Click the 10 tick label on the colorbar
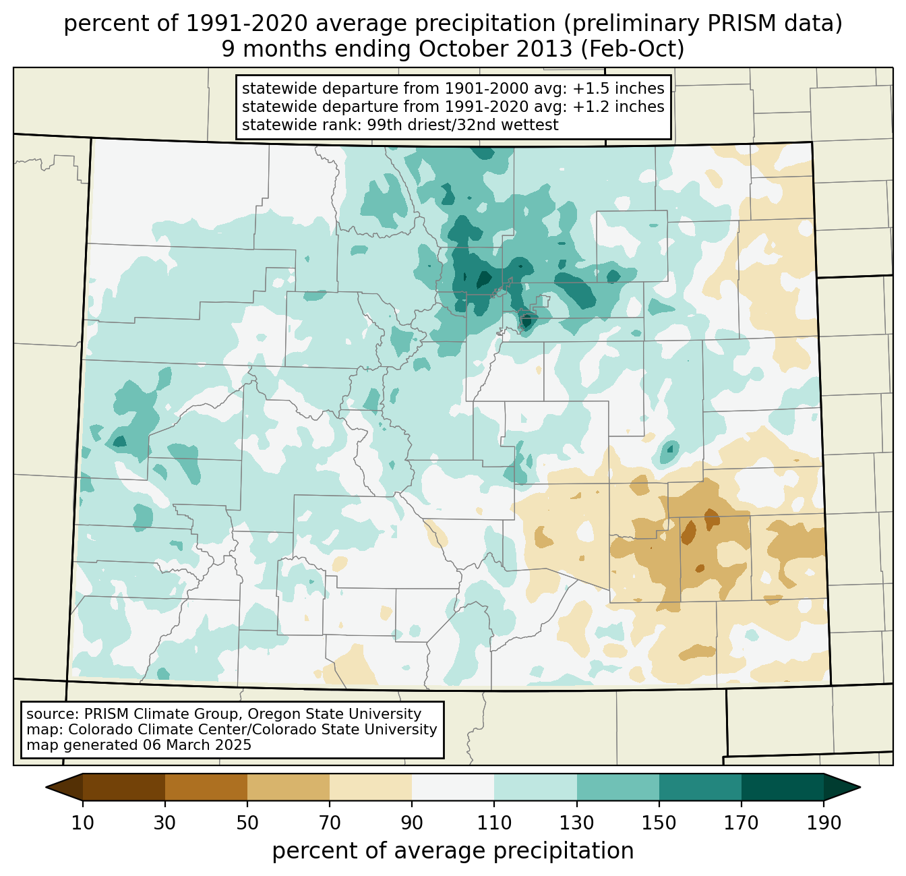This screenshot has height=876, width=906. (x=83, y=823)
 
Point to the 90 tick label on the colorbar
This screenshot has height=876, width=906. (x=412, y=823)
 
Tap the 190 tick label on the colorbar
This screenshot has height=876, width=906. (x=823, y=823)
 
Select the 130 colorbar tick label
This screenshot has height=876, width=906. (x=577, y=823)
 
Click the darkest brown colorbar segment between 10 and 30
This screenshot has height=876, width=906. (x=124, y=787)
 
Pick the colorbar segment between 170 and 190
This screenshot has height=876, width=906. (x=782, y=787)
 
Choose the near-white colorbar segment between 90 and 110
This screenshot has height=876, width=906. (x=453, y=787)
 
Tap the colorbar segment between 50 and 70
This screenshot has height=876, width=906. (x=289, y=787)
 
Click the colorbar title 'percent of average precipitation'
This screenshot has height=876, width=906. (x=453, y=851)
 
